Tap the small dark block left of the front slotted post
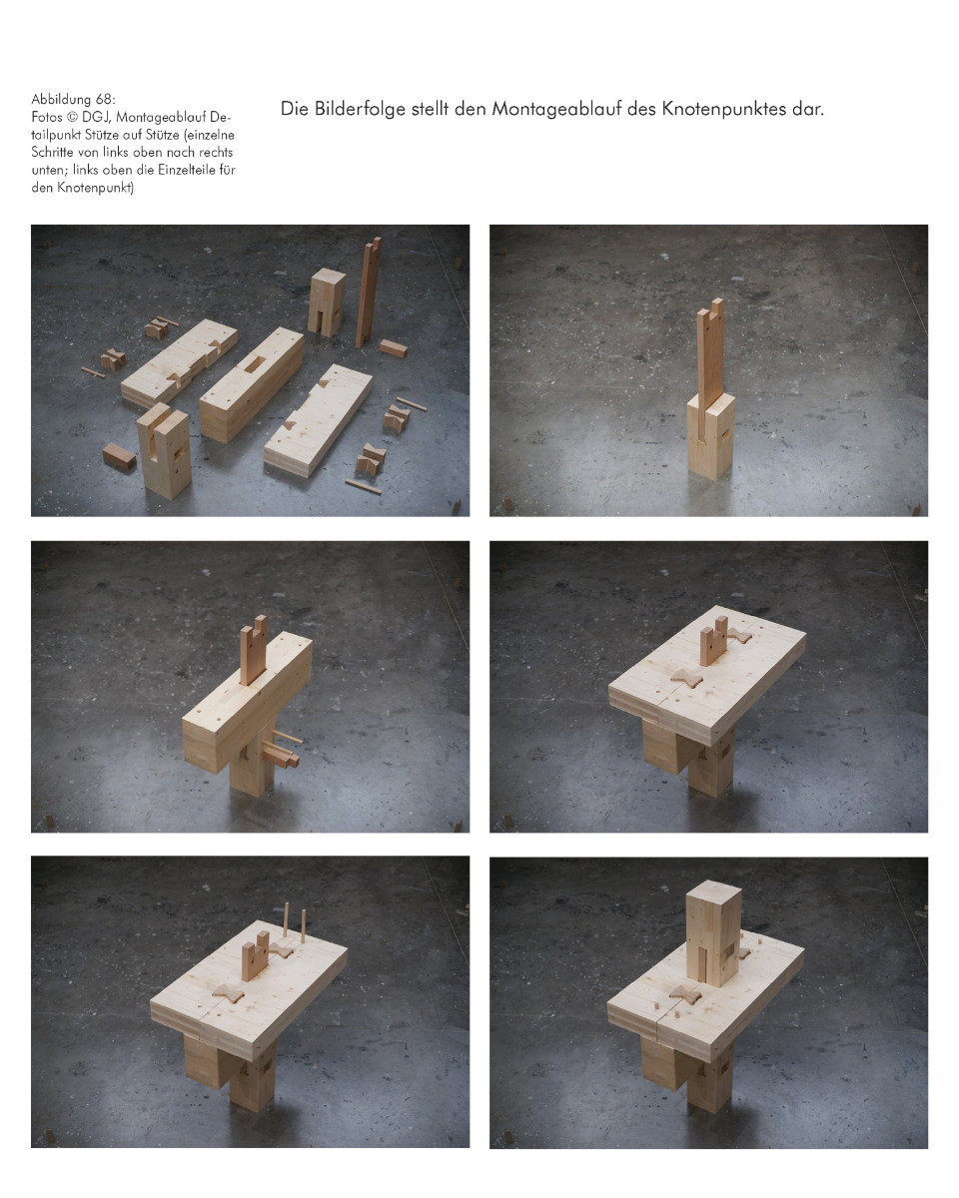tap(119, 457)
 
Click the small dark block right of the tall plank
tap(393, 348)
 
